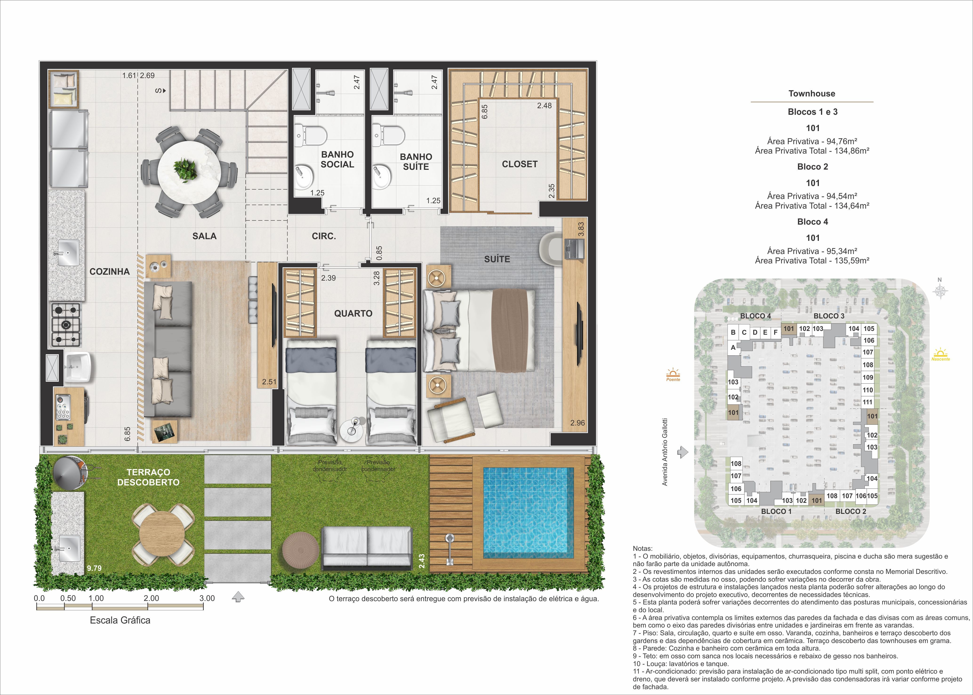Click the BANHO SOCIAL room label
tap(337, 159)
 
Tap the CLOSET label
tap(520, 164)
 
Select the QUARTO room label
tap(353, 313)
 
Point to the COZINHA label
tap(110, 271)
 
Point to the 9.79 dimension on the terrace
tap(94, 568)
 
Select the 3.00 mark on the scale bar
tap(207, 598)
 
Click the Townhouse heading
tap(812, 93)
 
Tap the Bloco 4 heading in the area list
tap(813, 222)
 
